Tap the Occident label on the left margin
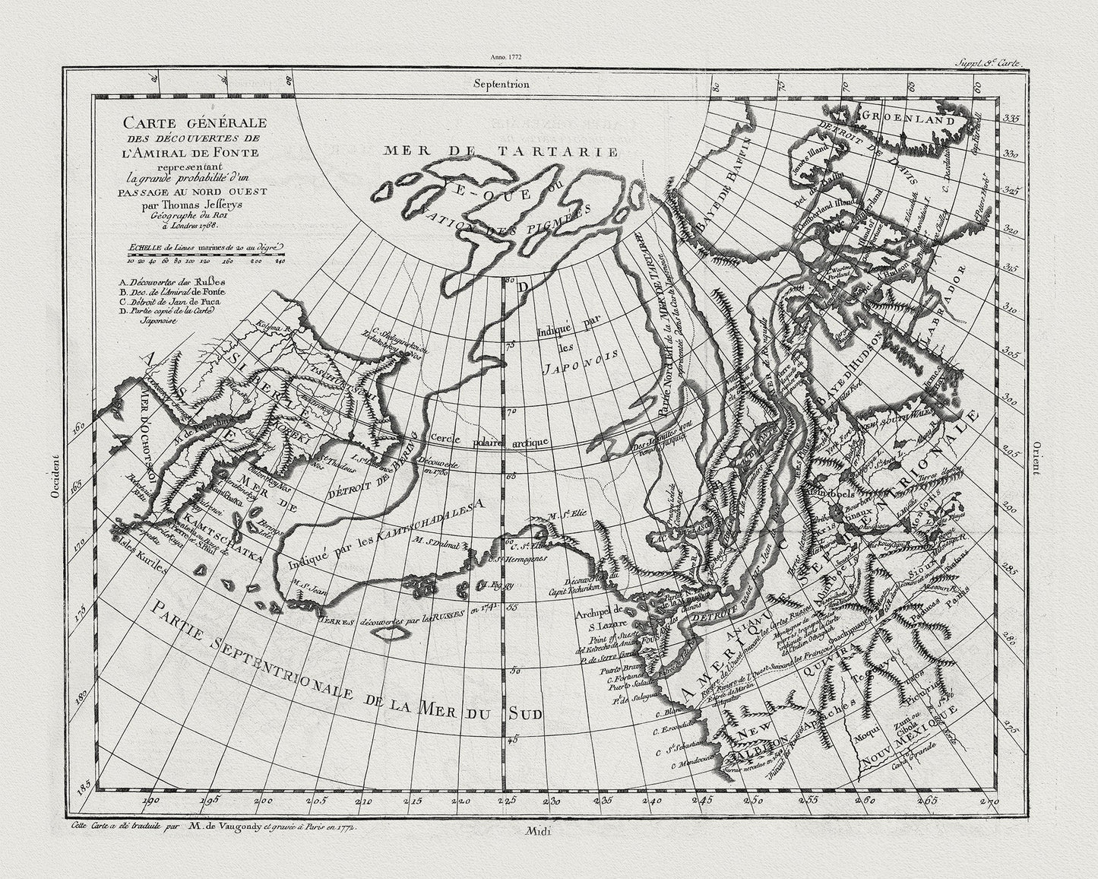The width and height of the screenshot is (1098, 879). click(55, 477)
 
